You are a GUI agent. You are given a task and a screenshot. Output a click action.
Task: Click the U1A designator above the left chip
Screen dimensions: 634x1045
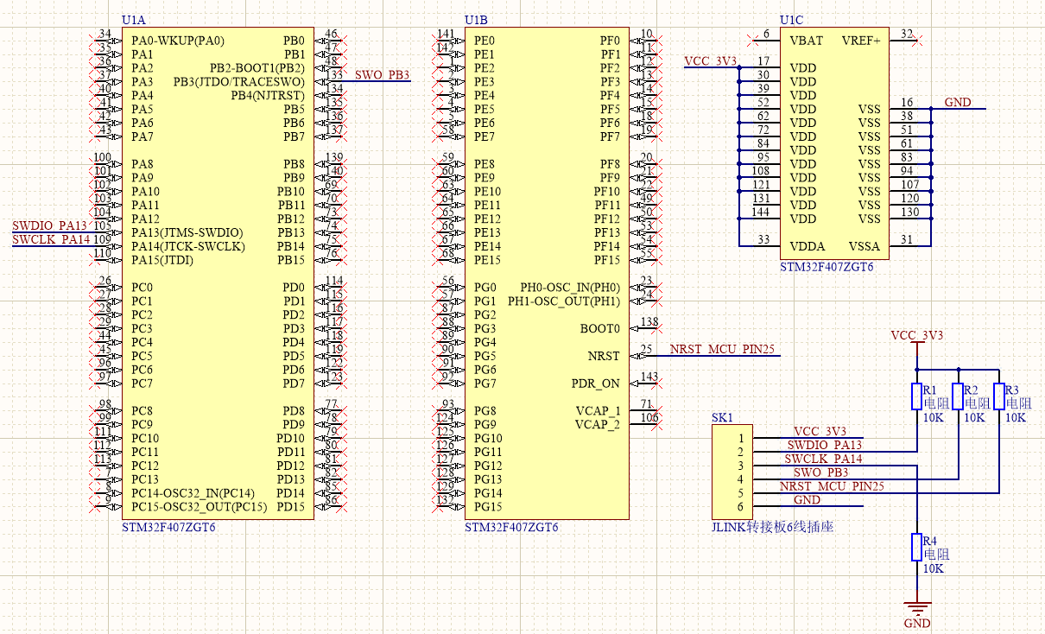134,20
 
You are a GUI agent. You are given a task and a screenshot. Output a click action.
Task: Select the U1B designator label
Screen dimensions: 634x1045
476,20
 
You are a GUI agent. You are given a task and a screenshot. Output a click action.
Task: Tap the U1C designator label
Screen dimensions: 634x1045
791,20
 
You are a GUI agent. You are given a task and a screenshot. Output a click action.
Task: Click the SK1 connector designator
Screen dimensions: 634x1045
722,417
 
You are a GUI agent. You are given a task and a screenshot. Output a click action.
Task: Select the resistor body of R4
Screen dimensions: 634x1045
916,547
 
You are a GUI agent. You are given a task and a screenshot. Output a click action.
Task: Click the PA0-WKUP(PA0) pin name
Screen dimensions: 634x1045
177,41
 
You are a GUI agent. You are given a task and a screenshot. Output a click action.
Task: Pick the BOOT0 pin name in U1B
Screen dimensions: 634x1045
600,328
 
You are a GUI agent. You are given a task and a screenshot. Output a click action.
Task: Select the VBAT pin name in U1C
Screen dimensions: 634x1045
806,41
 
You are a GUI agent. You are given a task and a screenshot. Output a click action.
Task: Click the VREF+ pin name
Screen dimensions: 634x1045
862,41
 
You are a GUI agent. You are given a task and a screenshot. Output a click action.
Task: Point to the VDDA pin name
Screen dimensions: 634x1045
807,246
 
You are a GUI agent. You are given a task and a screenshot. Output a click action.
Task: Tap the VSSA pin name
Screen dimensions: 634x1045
864,246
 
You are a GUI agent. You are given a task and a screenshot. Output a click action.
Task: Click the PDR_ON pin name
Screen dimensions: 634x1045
596,384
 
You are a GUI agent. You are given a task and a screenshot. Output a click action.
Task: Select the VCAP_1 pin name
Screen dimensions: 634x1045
598,410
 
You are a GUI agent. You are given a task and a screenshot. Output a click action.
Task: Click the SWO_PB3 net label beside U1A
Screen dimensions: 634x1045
382,75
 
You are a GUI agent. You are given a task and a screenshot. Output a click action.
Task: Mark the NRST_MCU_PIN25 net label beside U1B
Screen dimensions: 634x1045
722,350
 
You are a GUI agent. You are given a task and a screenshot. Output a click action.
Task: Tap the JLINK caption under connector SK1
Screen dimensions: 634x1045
772,527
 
